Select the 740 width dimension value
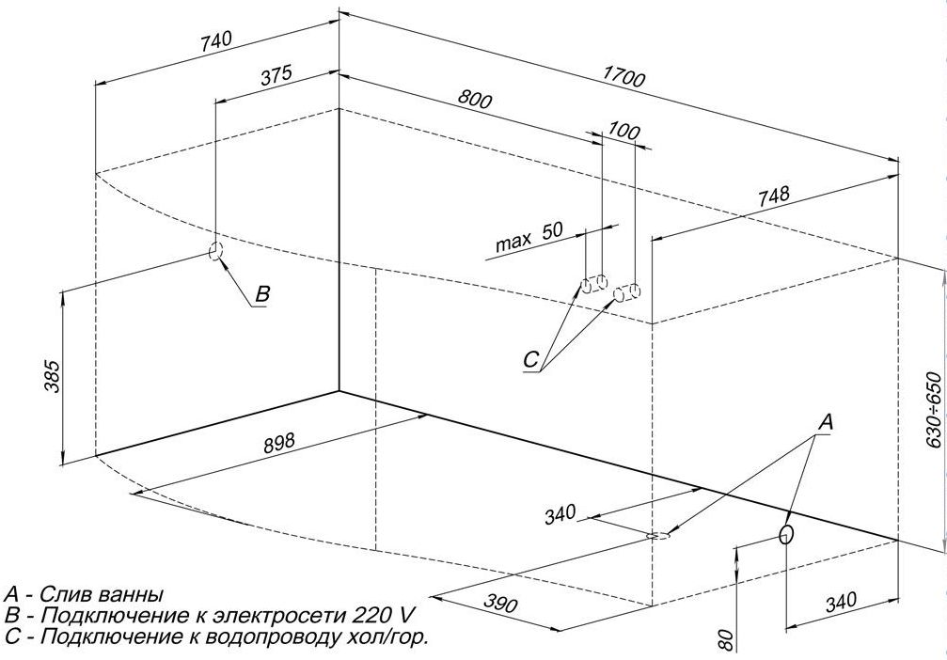coord(215,41)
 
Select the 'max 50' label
coord(529,238)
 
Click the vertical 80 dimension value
coord(725,641)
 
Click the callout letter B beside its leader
coord(263,294)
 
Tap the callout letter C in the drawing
coord(531,359)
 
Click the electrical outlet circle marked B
coord(214,251)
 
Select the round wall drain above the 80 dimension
coord(786,535)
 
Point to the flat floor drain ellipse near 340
coord(659,537)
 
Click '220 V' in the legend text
coord(383,616)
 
